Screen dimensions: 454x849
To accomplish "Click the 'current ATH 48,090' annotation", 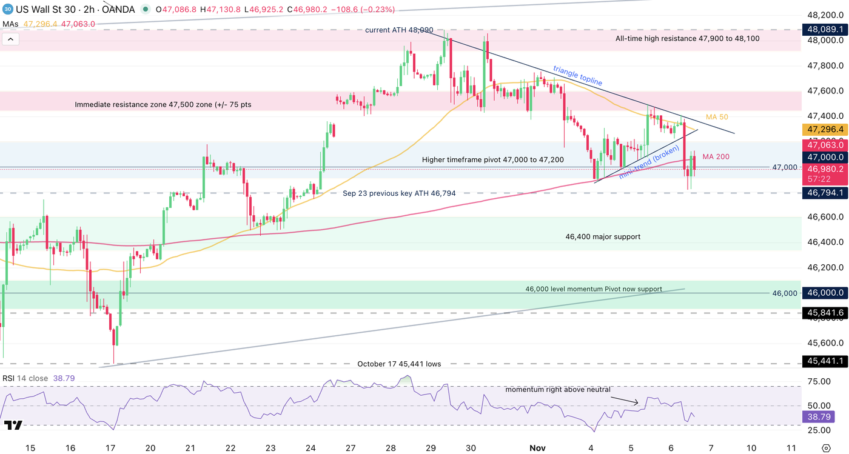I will [399, 30].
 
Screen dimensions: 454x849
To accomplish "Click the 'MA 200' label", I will [716, 157].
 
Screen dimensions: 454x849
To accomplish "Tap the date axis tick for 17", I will [110, 448].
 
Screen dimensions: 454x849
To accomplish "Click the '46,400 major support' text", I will [603, 237].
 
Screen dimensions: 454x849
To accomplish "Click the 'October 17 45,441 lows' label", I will [399, 381].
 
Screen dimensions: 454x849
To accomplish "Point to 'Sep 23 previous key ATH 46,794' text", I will [399, 193].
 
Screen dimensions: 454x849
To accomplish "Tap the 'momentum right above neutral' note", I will [558, 390].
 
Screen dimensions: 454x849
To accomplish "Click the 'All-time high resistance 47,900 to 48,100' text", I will [687, 38].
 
